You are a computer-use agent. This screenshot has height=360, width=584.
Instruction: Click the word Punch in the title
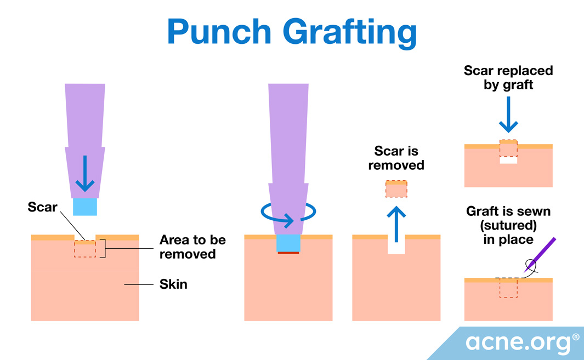pyautogui.click(x=219, y=32)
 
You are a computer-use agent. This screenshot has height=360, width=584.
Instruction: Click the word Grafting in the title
pyautogui.click(x=350, y=33)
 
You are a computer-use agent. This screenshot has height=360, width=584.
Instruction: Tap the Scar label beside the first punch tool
pyautogui.click(x=42, y=207)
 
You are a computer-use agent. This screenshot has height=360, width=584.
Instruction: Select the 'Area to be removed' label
pyautogui.click(x=192, y=247)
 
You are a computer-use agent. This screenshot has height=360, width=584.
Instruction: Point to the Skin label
pyautogui.click(x=173, y=284)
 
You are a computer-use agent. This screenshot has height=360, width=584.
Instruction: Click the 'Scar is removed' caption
pyautogui.click(x=396, y=158)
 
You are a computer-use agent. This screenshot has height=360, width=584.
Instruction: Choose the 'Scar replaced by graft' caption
pyautogui.click(x=508, y=77)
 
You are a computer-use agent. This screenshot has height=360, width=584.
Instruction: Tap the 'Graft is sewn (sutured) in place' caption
pyautogui.click(x=508, y=225)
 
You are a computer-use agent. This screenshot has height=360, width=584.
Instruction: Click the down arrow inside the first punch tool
pyautogui.click(x=85, y=174)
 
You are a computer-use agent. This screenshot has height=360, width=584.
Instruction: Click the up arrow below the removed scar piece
pyautogui.click(x=396, y=224)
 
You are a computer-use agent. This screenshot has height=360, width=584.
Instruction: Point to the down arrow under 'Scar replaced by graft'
pyautogui.click(x=508, y=115)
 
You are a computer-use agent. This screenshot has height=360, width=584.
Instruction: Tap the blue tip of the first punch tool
pyautogui.click(x=85, y=207)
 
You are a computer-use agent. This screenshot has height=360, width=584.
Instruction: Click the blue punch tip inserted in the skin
pyautogui.click(x=288, y=243)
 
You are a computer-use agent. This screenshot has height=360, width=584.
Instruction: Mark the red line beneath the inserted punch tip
pyautogui.click(x=288, y=253)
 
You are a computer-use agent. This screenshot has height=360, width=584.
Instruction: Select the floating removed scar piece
pyautogui.click(x=396, y=188)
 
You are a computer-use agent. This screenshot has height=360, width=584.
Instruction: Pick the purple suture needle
pyautogui.click(x=540, y=255)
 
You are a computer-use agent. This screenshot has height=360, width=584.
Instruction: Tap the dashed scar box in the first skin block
pyautogui.click(x=85, y=249)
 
